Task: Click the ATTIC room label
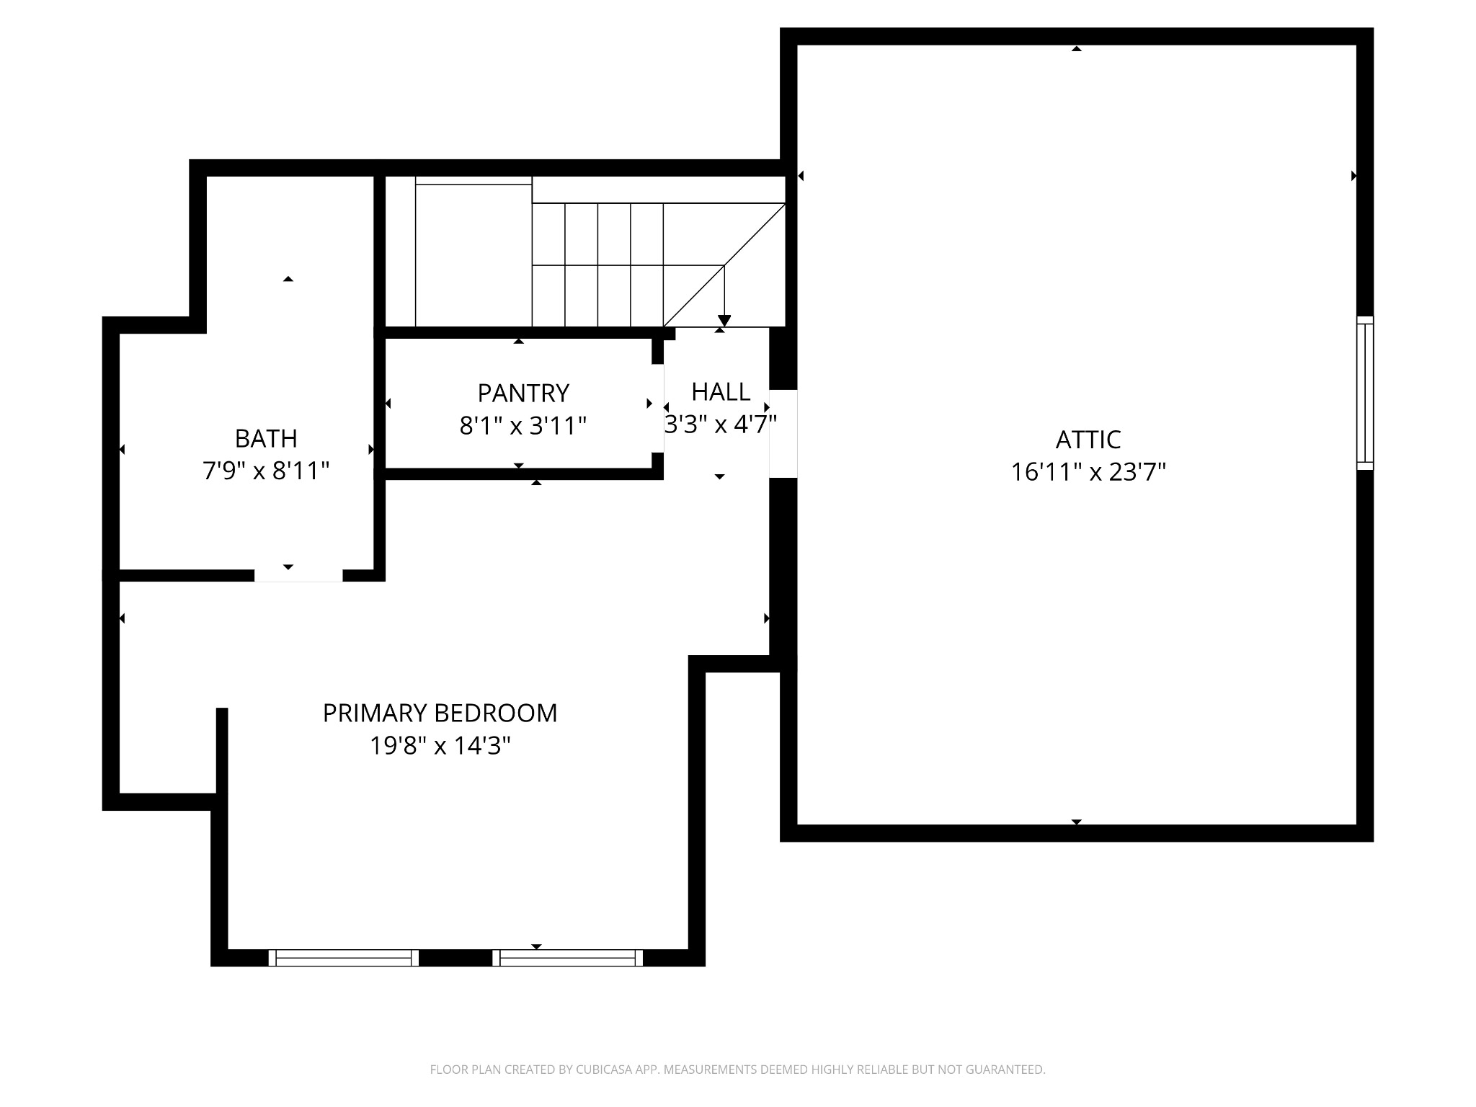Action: pos(1088,439)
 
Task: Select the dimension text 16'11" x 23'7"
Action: pos(1088,472)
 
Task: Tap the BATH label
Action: pos(266,438)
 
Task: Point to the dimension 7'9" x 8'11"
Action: pos(266,471)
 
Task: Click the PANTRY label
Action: pos(523,393)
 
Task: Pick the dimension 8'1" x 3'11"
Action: pos(523,426)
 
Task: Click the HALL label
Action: pos(721,391)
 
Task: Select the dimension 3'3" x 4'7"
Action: pos(721,424)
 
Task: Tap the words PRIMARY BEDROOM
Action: pos(440,713)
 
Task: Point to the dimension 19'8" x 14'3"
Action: pos(440,745)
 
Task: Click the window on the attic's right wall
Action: pos(1365,393)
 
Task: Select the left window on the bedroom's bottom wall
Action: pos(344,958)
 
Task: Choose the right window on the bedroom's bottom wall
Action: pos(568,958)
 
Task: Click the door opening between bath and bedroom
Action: pos(298,575)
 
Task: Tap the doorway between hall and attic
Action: pos(783,434)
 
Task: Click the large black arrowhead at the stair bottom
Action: pos(724,321)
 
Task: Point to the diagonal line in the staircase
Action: pos(724,265)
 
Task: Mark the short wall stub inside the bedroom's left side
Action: pos(222,750)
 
